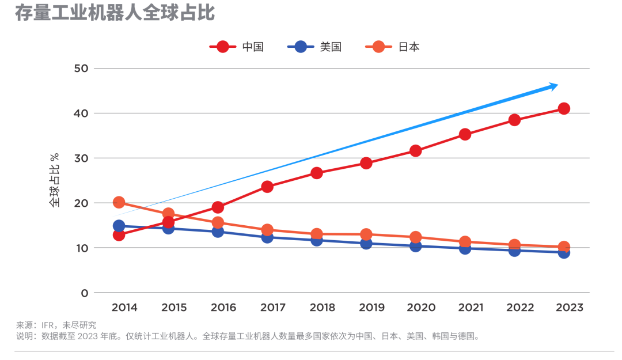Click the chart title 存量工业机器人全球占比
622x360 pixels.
point(115,13)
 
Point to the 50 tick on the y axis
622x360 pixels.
point(81,69)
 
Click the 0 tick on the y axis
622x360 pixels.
point(85,293)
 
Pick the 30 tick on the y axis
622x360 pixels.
point(81,158)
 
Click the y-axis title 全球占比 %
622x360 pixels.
point(54,180)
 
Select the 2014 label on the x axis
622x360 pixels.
point(124,308)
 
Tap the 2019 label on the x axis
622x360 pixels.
point(372,308)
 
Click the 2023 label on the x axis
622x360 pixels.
point(569,308)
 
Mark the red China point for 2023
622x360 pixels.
point(564,109)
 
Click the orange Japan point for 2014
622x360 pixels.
point(119,202)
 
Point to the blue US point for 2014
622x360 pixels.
point(119,226)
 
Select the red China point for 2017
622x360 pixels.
point(267,187)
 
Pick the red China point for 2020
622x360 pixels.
point(415,151)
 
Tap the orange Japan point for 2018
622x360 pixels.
point(317,234)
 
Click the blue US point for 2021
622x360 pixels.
point(465,248)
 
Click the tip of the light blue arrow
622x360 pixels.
point(557,85)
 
